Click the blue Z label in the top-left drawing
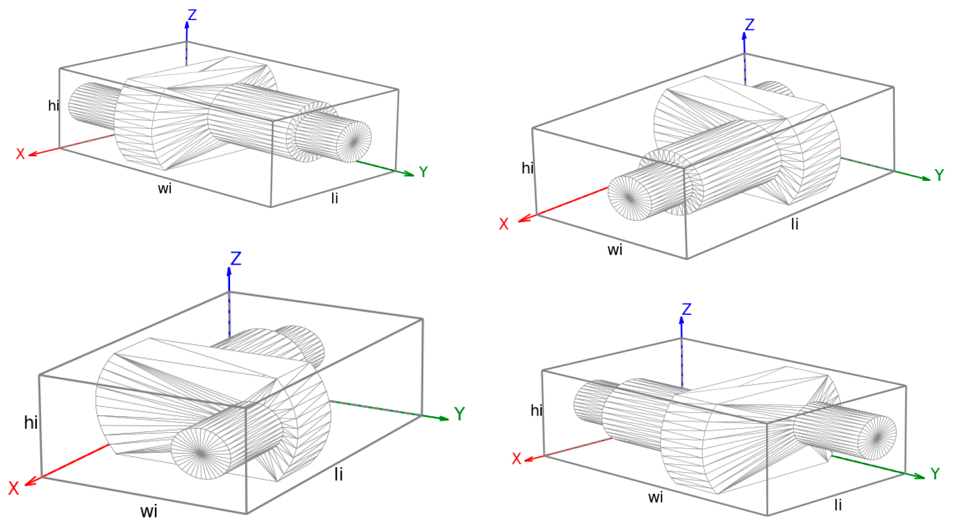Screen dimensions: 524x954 pos(192,14)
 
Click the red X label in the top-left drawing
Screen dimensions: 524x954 pos(20,154)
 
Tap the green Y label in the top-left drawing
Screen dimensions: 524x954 pos(423,172)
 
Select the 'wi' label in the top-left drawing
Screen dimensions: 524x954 pos(164,188)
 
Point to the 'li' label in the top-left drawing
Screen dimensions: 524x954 pos(335,199)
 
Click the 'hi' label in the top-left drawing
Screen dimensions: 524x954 pos(53,106)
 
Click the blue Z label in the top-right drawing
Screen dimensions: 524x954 pos(750,25)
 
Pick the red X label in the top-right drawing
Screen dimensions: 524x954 pos(503,224)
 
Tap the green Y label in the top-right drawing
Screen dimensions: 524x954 pos(939,175)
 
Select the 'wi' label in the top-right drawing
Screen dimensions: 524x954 pos(615,250)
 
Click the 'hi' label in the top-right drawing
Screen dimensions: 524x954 pos(527,168)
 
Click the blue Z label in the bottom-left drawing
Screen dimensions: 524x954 pos(235,259)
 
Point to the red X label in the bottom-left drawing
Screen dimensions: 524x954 pos(13,488)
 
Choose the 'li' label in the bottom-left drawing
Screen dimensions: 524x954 pos(338,474)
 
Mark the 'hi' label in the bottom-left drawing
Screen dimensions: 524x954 pos(31,423)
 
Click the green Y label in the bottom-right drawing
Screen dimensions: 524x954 pos(935,473)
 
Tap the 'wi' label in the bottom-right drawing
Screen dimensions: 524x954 pos(656,497)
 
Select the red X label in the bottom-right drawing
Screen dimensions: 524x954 pos(516,459)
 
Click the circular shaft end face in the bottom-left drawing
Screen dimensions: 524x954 pos(200,453)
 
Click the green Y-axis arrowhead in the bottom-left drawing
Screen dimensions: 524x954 pos(444,418)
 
